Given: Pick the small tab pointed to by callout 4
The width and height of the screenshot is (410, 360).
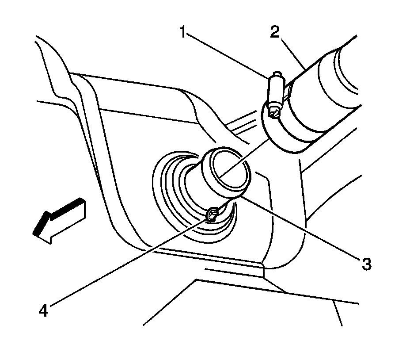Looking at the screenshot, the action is point(212,215).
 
